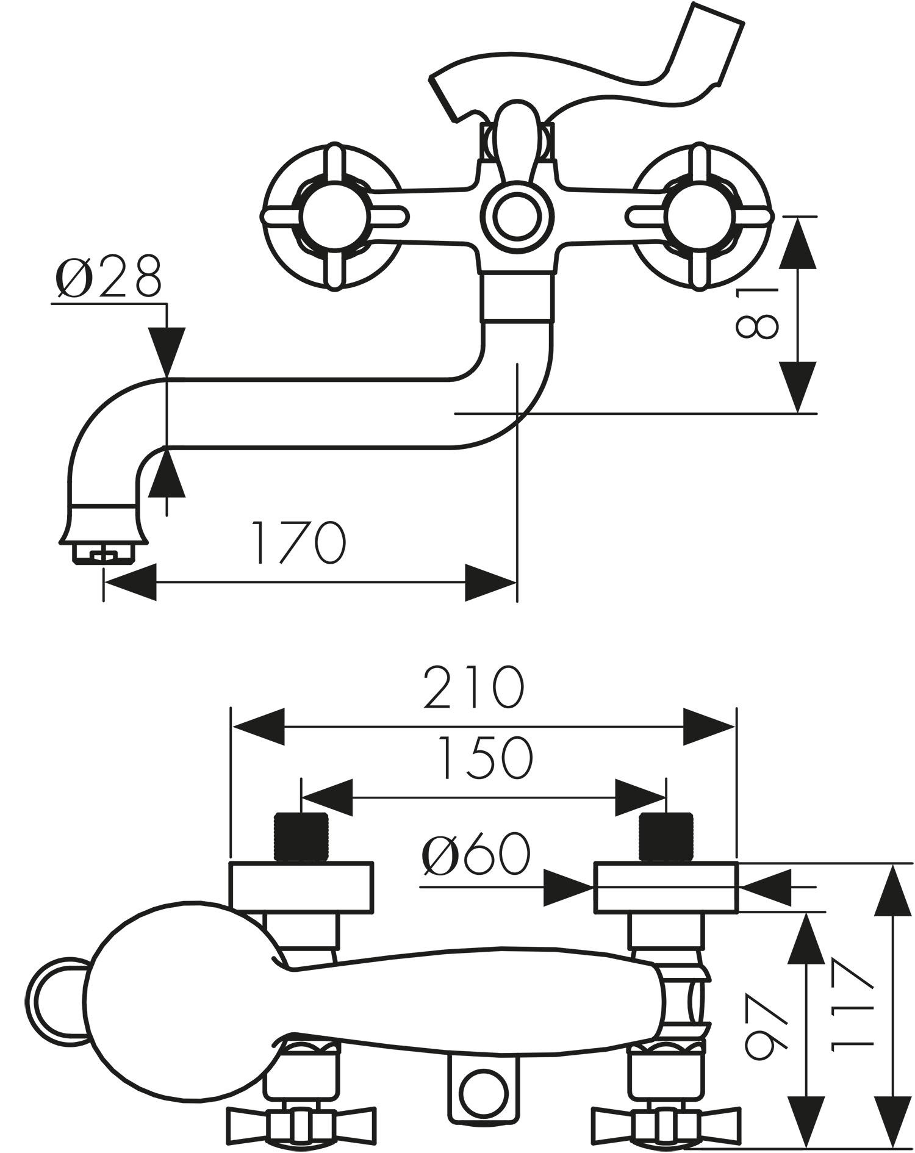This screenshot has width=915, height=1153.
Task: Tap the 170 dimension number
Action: pyautogui.click(x=299, y=542)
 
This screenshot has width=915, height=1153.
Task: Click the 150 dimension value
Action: pyautogui.click(x=486, y=758)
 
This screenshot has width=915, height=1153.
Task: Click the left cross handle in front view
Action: pyautogui.click(x=334, y=217)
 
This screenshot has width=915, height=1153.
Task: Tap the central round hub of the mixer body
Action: pyautogui.click(x=517, y=216)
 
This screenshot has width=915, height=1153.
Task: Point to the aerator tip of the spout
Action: pyautogui.click(x=103, y=551)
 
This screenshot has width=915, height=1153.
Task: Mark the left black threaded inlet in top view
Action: pyautogui.click(x=301, y=837)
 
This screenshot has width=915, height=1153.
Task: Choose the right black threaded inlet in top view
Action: pyautogui.click(x=666, y=837)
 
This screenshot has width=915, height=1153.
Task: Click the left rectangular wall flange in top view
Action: pyautogui.click(x=301, y=887)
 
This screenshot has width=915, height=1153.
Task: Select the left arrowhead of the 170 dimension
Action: pyautogui.click(x=130, y=582)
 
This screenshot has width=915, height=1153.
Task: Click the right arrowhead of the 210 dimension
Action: pyautogui.click(x=709, y=727)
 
